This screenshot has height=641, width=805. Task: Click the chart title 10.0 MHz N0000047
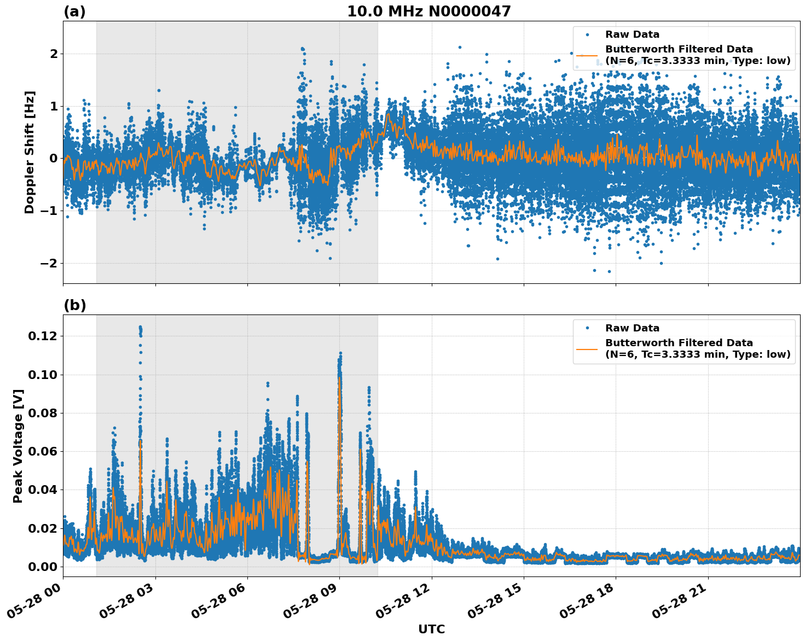click(x=428, y=11)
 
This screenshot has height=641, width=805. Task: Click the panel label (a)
click(x=74, y=11)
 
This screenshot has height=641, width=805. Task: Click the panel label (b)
click(x=74, y=305)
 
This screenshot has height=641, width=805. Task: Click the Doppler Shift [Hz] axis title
click(x=30, y=152)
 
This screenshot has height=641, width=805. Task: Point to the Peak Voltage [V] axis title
click(x=18, y=446)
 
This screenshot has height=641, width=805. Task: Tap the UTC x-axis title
click(x=431, y=629)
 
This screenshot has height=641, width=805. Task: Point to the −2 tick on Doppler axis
click(x=47, y=263)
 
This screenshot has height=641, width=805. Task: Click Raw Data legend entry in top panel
click(x=632, y=34)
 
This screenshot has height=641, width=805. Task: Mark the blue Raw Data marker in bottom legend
click(x=587, y=328)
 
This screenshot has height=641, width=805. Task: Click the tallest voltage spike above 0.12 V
click(x=140, y=328)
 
